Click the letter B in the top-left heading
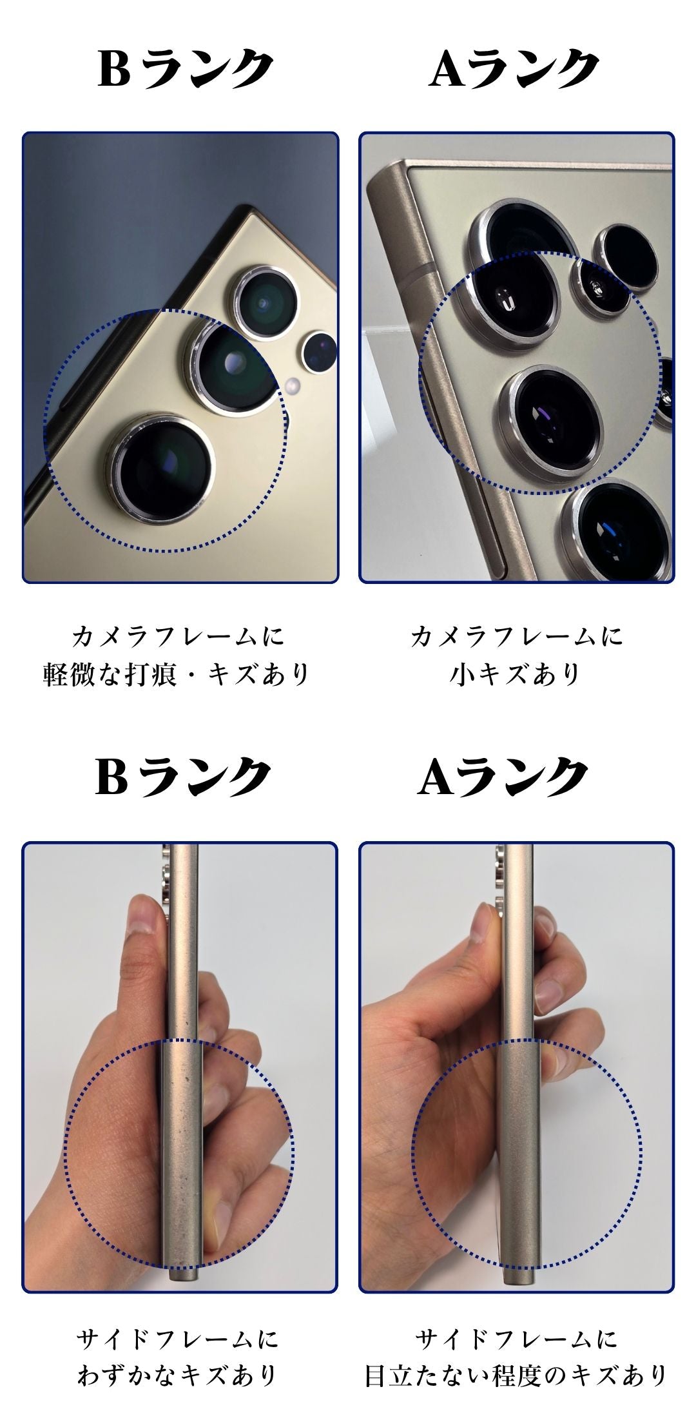coord(113,68)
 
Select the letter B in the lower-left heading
coord(111,776)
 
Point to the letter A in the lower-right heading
coord(438,776)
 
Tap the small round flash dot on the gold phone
coord(292,386)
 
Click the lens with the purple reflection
coord(551,422)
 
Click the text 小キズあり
coord(516,674)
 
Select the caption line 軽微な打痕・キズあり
coord(177,674)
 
